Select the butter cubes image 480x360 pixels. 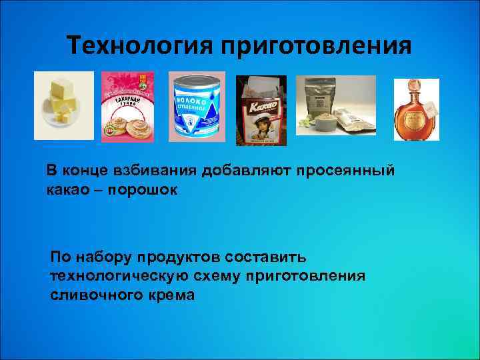[x=65, y=106]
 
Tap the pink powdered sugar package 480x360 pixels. [x=127, y=107]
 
